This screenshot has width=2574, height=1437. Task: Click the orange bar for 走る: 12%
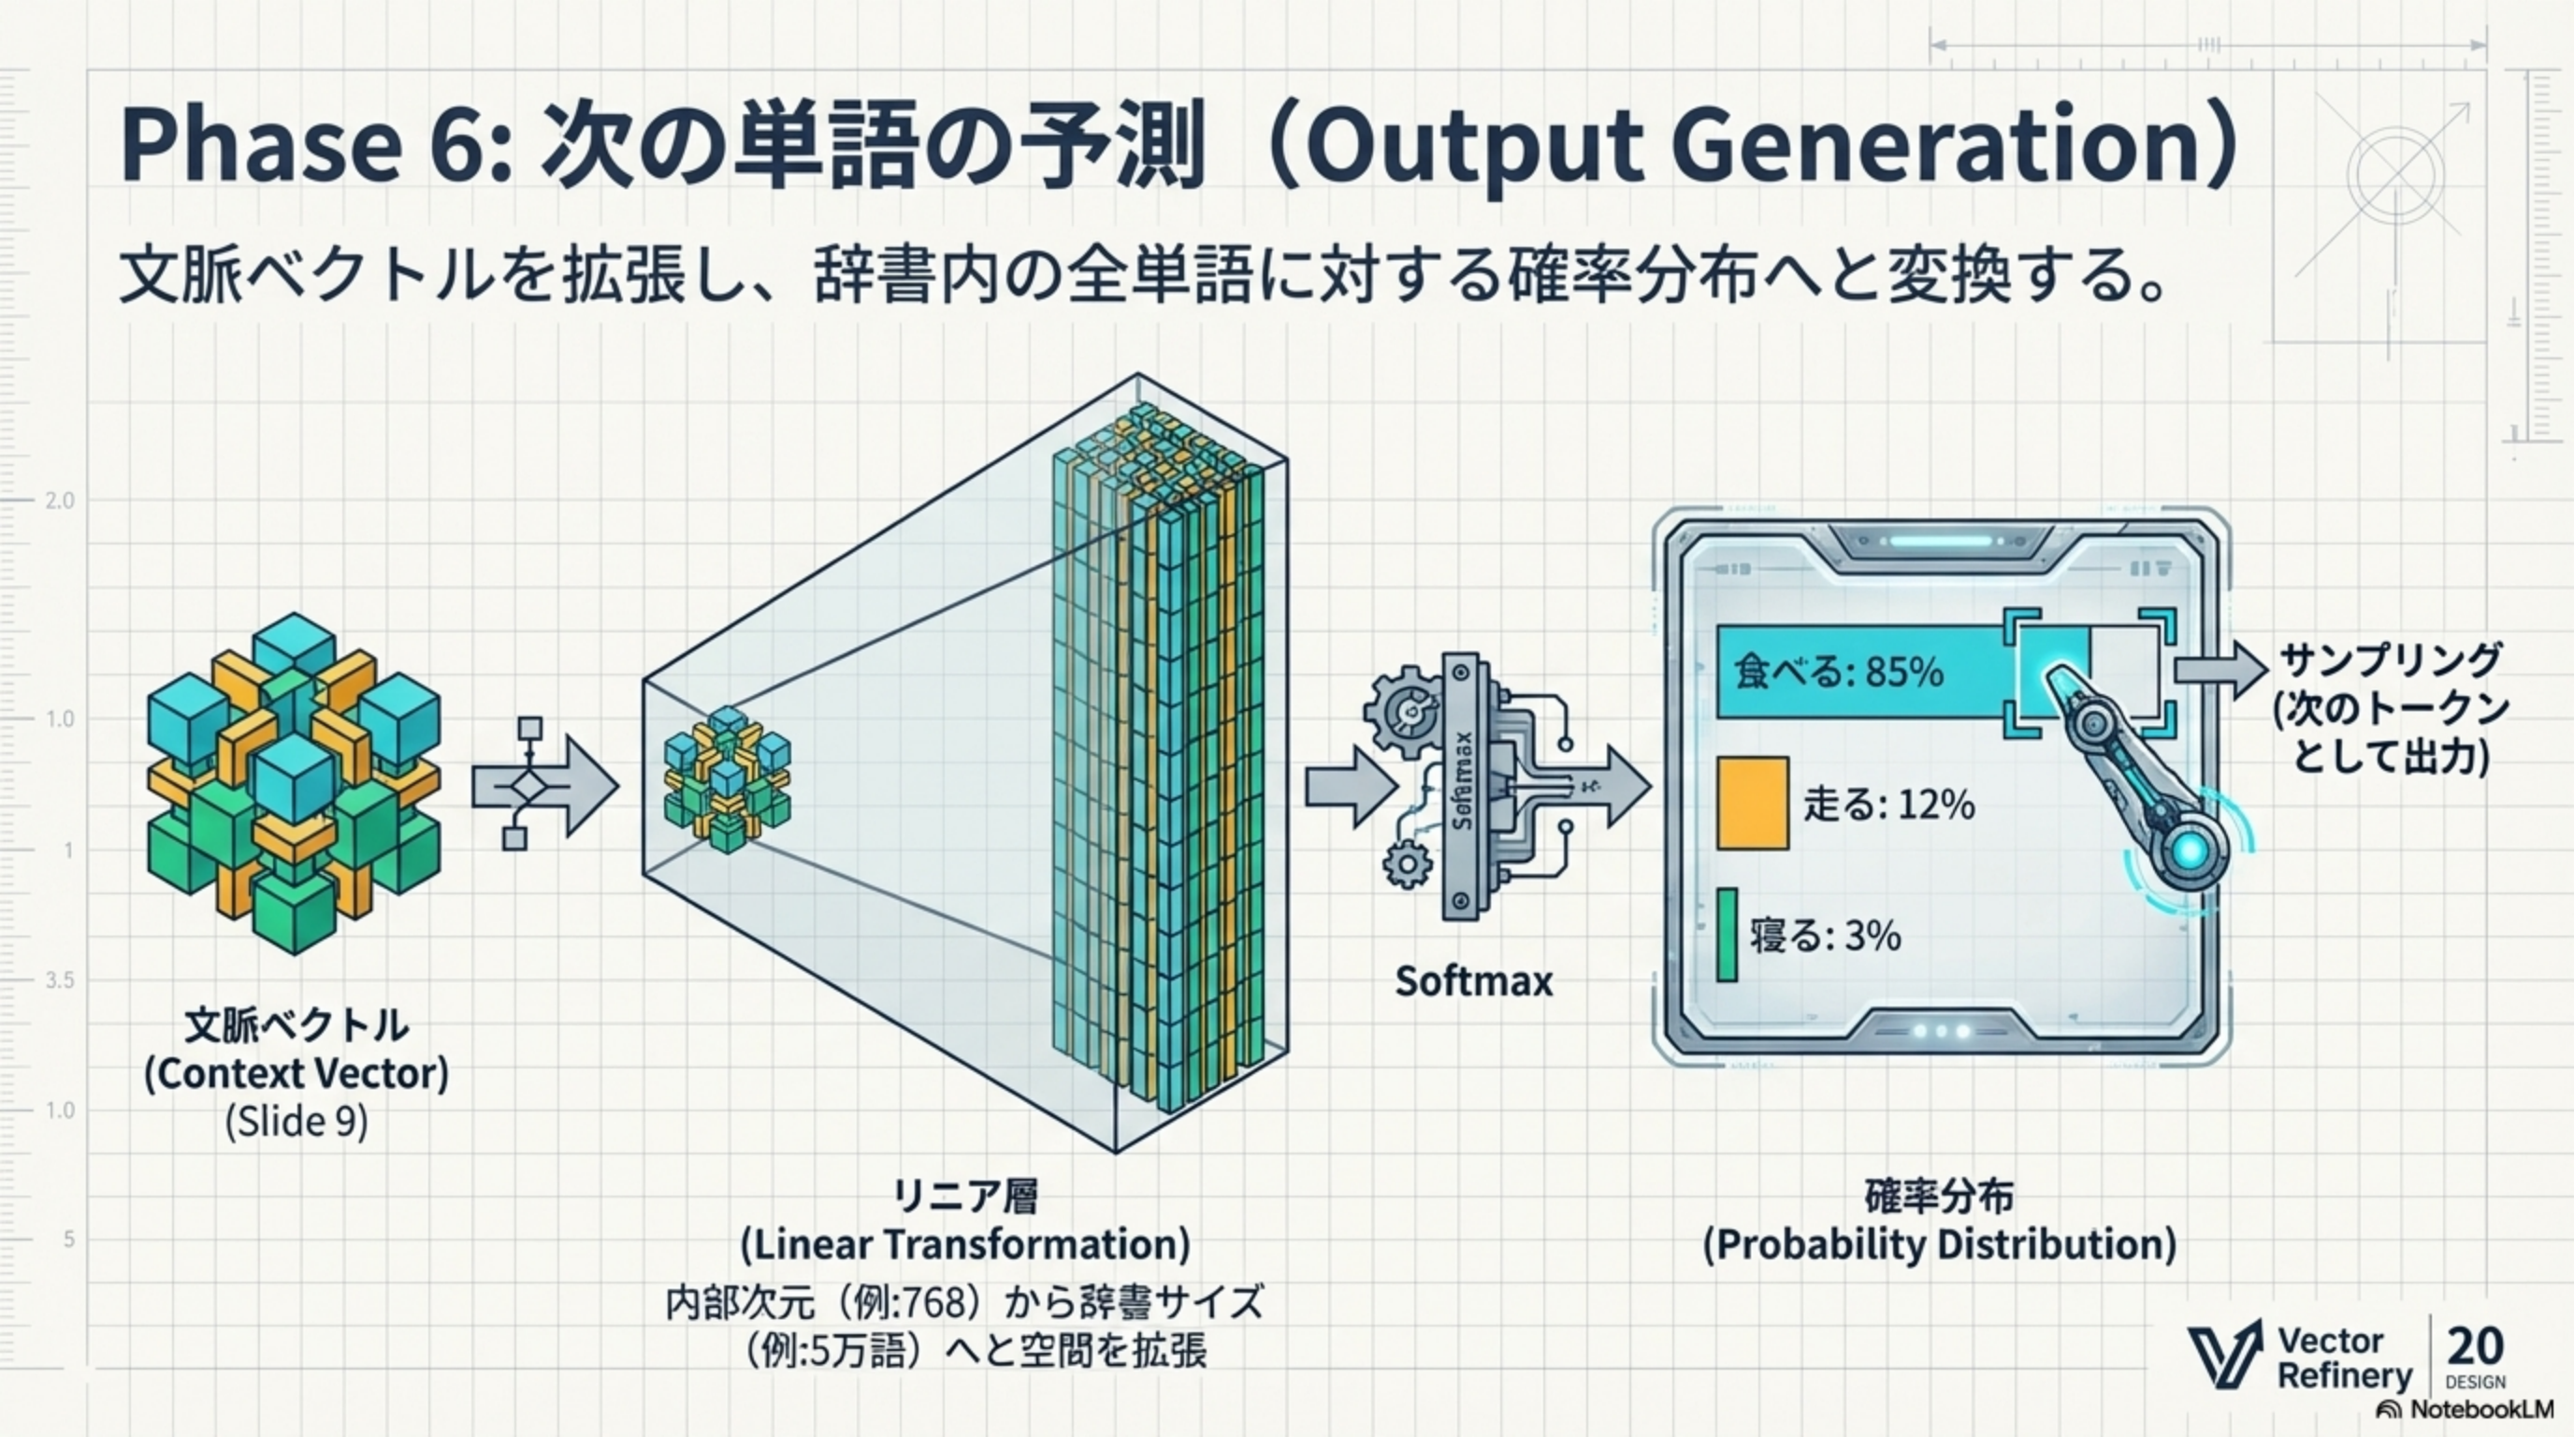[x=1753, y=804]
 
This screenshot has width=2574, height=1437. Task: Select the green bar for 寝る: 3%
[x=1727, y=935]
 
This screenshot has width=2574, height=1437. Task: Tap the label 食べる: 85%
[x=1839, y=672]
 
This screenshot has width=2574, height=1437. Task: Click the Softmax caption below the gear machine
[x=1474, y=981]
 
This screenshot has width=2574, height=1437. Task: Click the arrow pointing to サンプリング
[x=2220, y=670]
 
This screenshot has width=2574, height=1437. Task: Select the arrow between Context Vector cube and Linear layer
[x=544, y=784]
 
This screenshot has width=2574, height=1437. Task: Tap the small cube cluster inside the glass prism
[x=727, y=779]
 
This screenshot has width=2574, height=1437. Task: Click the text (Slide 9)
[x=296, y=1121]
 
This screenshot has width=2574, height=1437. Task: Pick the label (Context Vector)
[x=296, y=1073]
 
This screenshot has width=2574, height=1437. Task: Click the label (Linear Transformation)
[x=964, y=1244]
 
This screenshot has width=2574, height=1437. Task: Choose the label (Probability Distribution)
[x=1940, y=1244]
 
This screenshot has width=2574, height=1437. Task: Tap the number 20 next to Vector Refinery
[x=2475, y=1346]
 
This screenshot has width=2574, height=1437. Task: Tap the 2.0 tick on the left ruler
[x=59, y=501]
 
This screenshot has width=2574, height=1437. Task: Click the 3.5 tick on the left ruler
[x=59, y=980]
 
